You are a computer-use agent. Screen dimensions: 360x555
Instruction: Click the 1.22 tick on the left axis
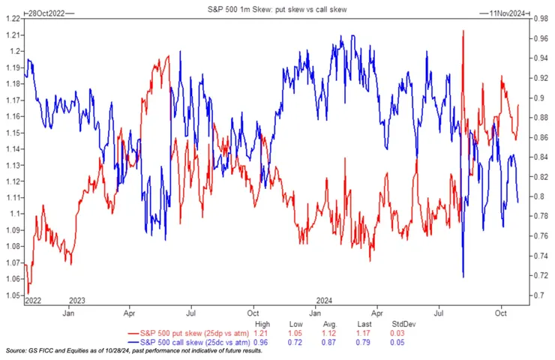point(12,18)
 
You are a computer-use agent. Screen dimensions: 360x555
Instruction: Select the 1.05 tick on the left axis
point(12,295)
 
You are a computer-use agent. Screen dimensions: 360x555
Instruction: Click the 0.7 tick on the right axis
point(538,295)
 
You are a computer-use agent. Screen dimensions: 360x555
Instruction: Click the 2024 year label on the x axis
point(325,300)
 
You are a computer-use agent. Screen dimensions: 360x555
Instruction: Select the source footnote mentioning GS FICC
point(135,351)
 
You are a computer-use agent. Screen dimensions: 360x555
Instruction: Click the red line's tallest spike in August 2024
point(463,31)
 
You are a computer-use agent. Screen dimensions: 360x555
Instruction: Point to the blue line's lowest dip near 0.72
point(463,277)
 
